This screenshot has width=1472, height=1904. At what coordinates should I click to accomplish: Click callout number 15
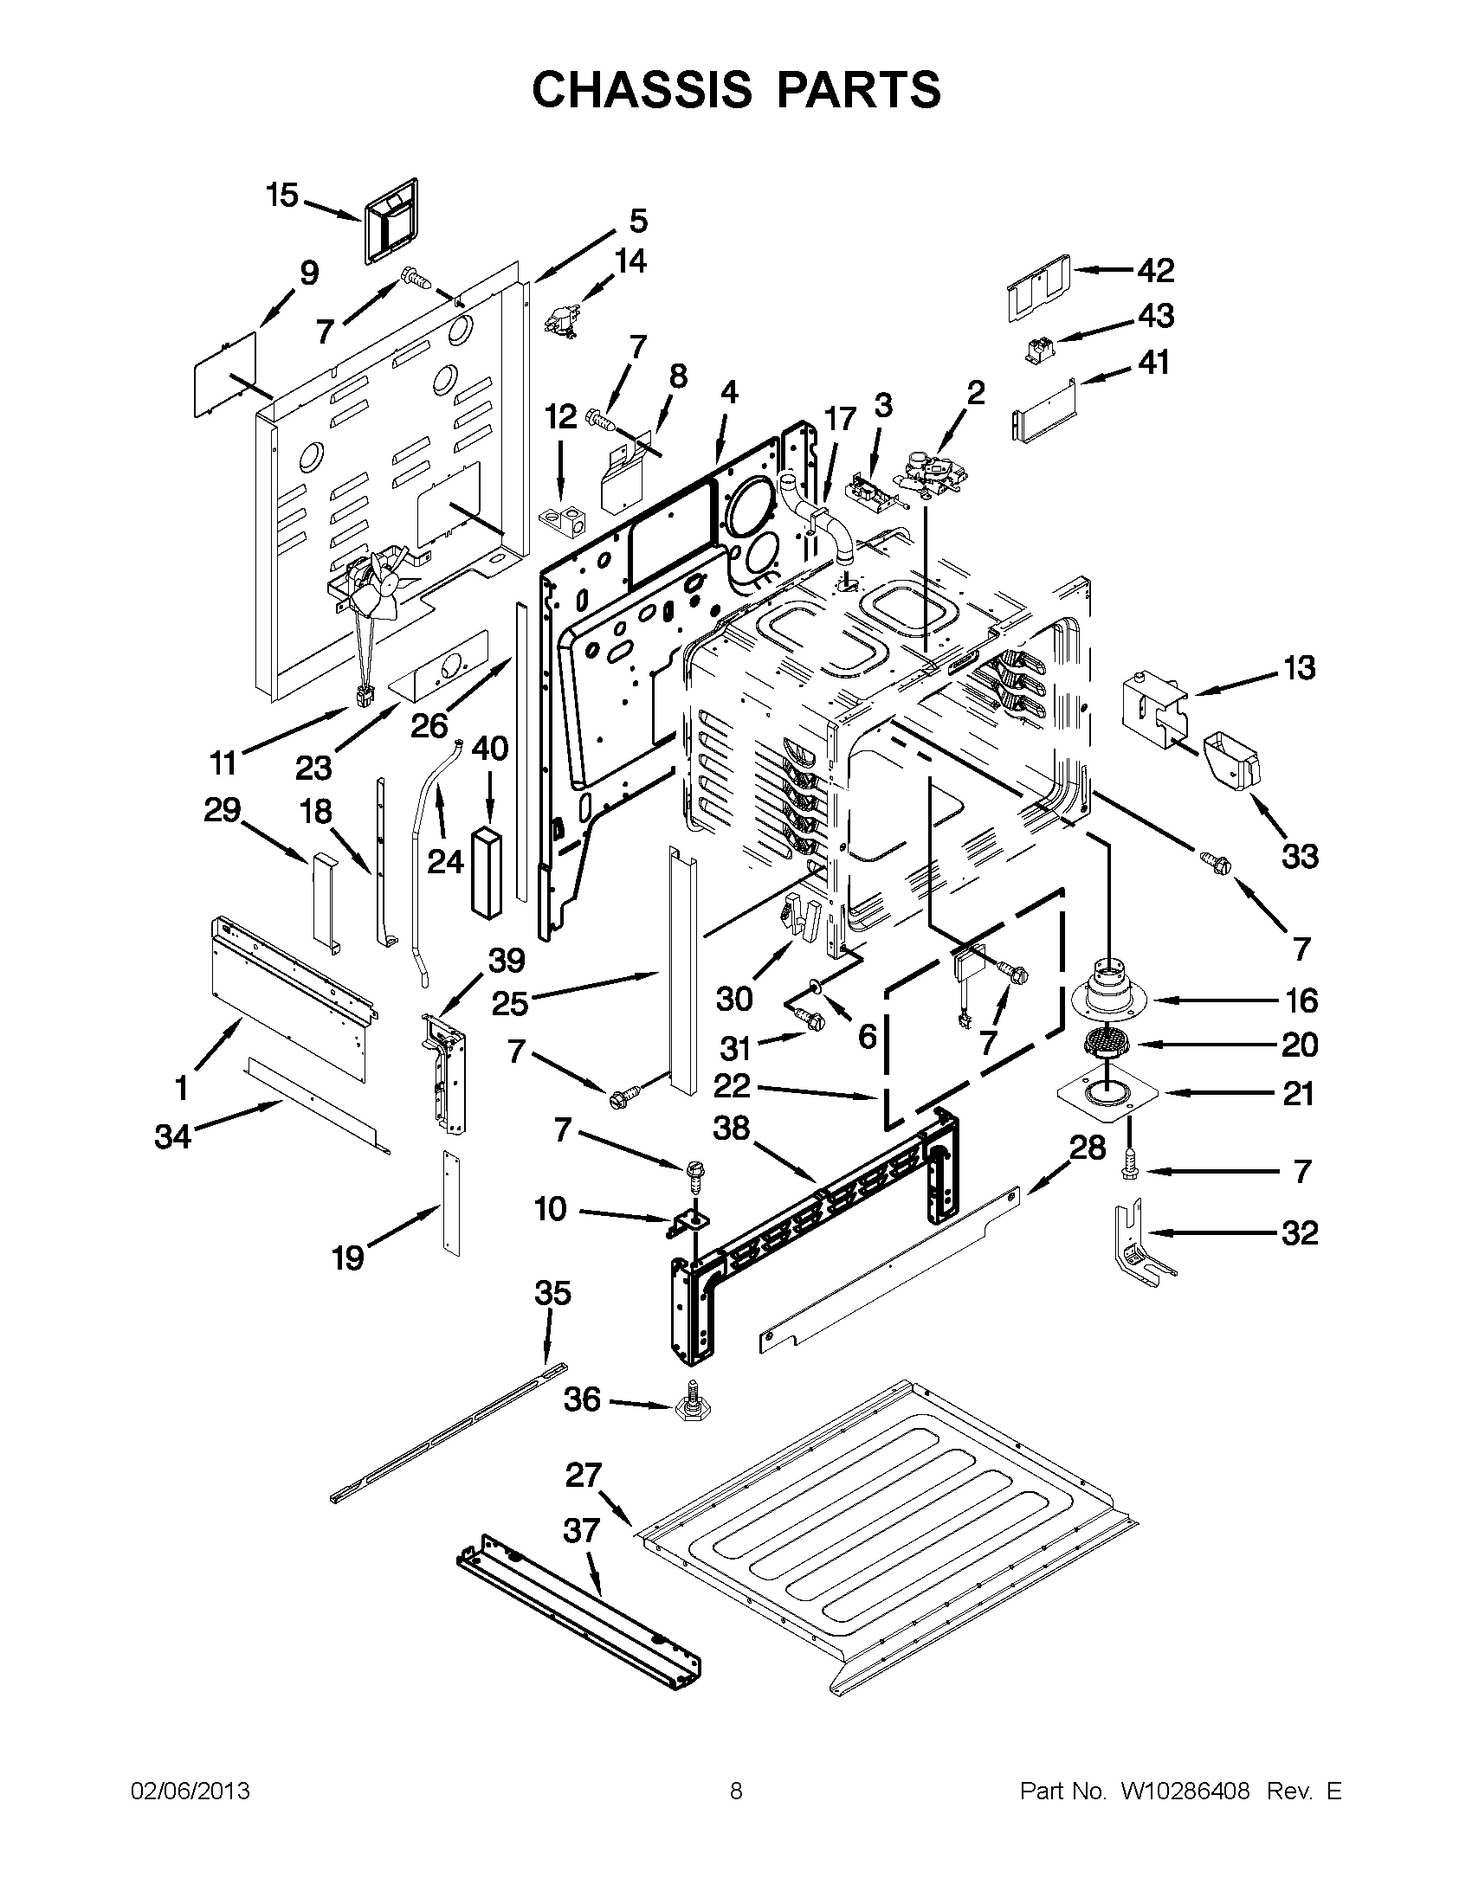[282, 196]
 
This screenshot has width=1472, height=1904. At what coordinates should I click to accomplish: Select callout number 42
[1155, 270]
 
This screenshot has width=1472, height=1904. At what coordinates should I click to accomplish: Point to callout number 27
[584, 1476]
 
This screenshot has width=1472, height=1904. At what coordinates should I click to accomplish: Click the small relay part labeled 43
[1037, 351]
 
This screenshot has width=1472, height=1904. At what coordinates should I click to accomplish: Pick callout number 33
[1300, 856]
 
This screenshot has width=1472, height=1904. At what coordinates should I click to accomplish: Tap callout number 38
[731, 1128]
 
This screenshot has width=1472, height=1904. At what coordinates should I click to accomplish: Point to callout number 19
[347, 1258]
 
